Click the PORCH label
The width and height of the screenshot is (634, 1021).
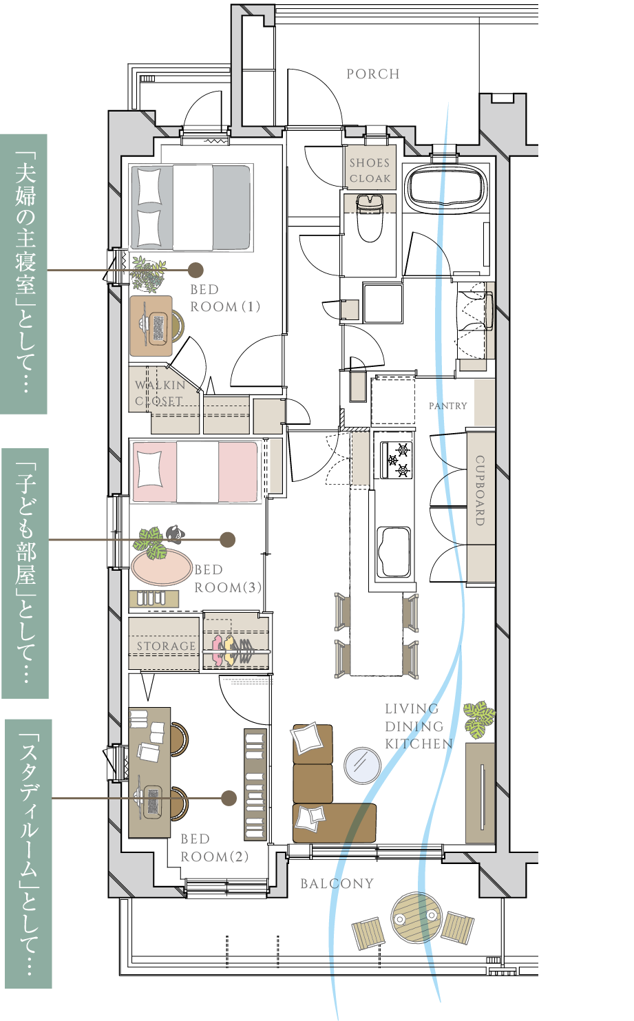pos(373,74)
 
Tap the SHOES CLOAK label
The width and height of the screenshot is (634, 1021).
pos(370,171)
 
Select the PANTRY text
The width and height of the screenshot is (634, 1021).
pos(447,406)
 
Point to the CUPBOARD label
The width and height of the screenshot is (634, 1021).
pos(480,490)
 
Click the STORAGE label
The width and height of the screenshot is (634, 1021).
pos(166,646)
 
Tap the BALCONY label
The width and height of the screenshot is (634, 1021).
pos(337,883)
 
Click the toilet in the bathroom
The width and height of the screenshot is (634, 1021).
pos(370,218)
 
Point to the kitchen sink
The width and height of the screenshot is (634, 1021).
pos(394,552)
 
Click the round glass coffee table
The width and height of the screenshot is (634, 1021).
pos(362,766)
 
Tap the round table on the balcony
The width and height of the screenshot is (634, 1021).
pos(416,918)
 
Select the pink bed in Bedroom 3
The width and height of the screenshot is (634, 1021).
pos(195,472)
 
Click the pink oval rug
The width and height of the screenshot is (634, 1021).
pos(162,567)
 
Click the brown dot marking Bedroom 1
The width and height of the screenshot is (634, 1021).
pos(196,270)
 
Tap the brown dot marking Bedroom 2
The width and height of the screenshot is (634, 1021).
pos(229,798)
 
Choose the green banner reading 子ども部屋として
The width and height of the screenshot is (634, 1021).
pos(25,573)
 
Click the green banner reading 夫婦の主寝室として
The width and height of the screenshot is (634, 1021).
pos(23,274)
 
